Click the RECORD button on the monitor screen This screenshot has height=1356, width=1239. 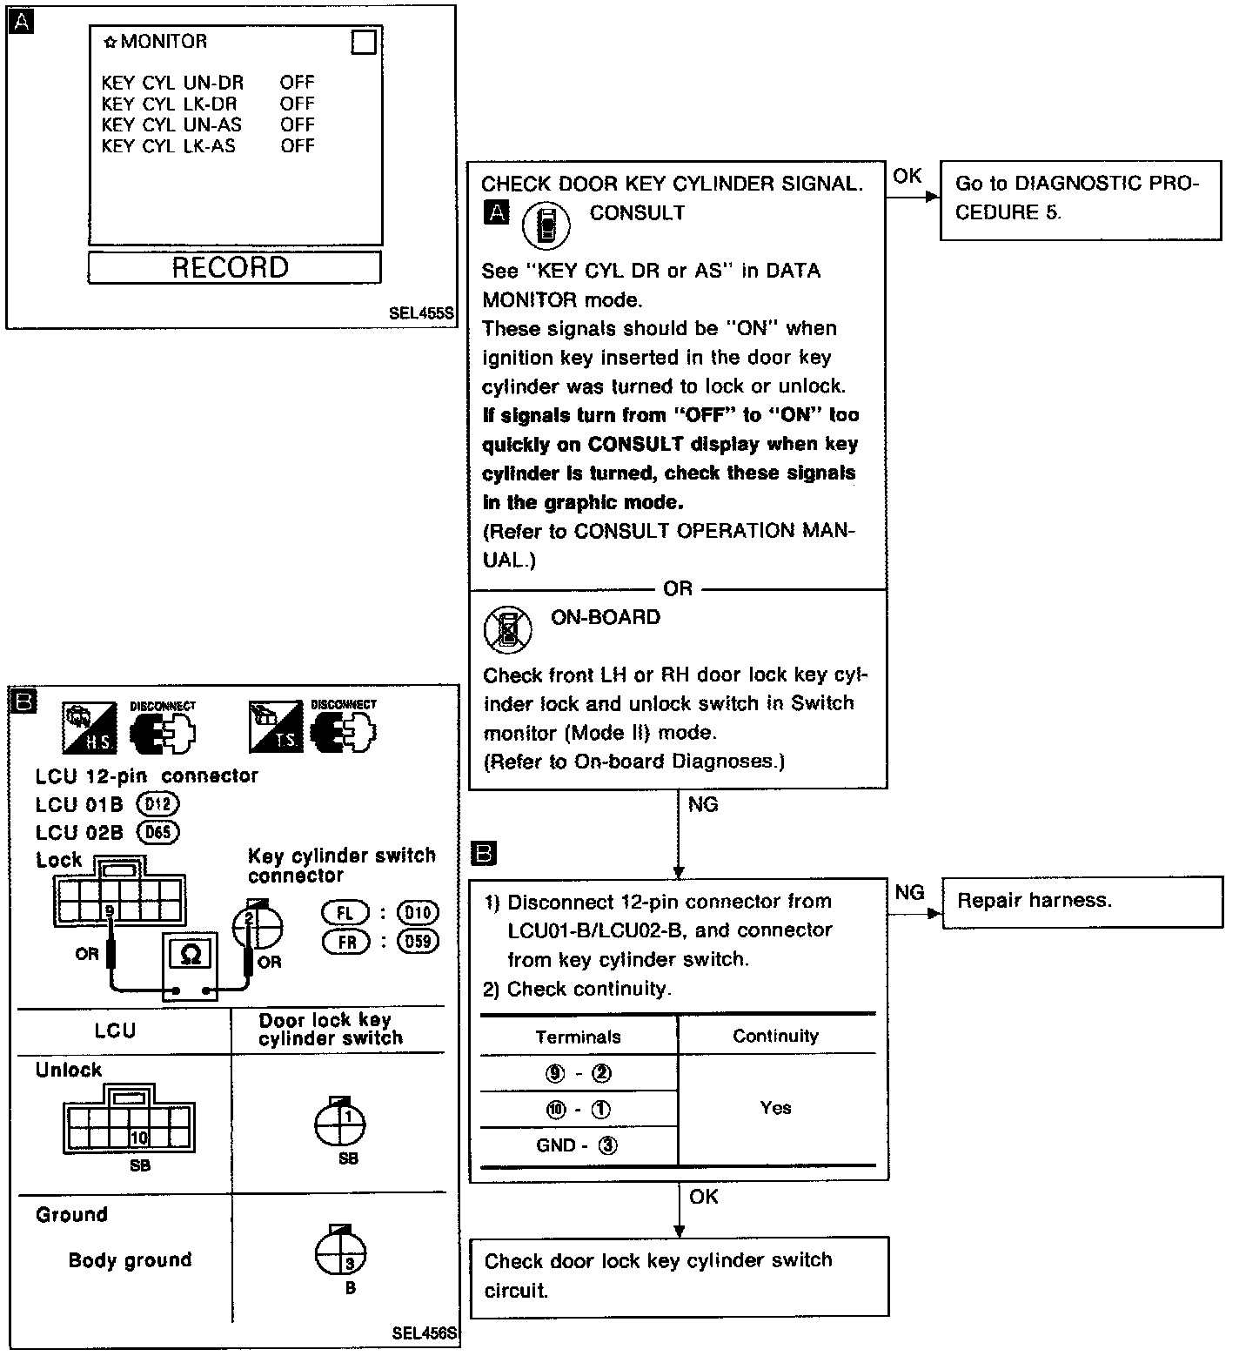[x=233, y=267]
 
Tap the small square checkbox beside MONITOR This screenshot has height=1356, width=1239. [x=364, y=43]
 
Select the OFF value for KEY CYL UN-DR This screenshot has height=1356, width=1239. [x=297, y=83]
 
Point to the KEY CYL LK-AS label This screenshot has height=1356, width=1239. [x=168, y=146]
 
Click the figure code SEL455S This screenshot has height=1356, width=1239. [x=422, y=314]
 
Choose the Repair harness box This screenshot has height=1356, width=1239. [x=1082, y=901]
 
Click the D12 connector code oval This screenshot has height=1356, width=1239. [x=157, y=804]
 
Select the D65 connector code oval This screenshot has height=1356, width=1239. [x=157, y=832]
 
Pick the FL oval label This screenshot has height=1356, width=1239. [x=345, y=912]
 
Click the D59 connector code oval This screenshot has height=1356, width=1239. [x=418, y=941]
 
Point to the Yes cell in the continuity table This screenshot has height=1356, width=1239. [x=775, y=1108]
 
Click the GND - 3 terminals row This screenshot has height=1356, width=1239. [x=578, y=1145]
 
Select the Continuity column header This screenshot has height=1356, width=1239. [x=775, y=1036]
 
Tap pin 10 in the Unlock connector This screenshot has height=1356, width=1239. [x=138, y=1137]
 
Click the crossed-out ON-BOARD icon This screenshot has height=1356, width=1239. [x=507, y=629]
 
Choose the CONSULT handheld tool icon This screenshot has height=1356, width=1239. [x=546, y=225]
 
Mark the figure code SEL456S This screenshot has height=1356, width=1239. [x=424, y=1333]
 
